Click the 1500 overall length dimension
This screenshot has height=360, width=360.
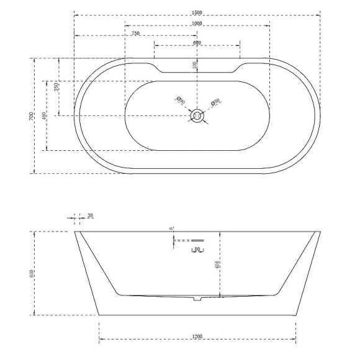pos(197,12)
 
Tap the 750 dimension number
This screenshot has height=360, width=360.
pos(135,33)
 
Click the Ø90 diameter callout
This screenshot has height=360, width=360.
pos(179,99)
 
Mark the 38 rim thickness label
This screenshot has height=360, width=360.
pos(91,216)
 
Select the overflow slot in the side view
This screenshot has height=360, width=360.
pos(197,240)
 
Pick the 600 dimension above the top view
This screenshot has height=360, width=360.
pos(197,43)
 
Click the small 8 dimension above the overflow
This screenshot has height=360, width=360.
pos(171,228)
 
